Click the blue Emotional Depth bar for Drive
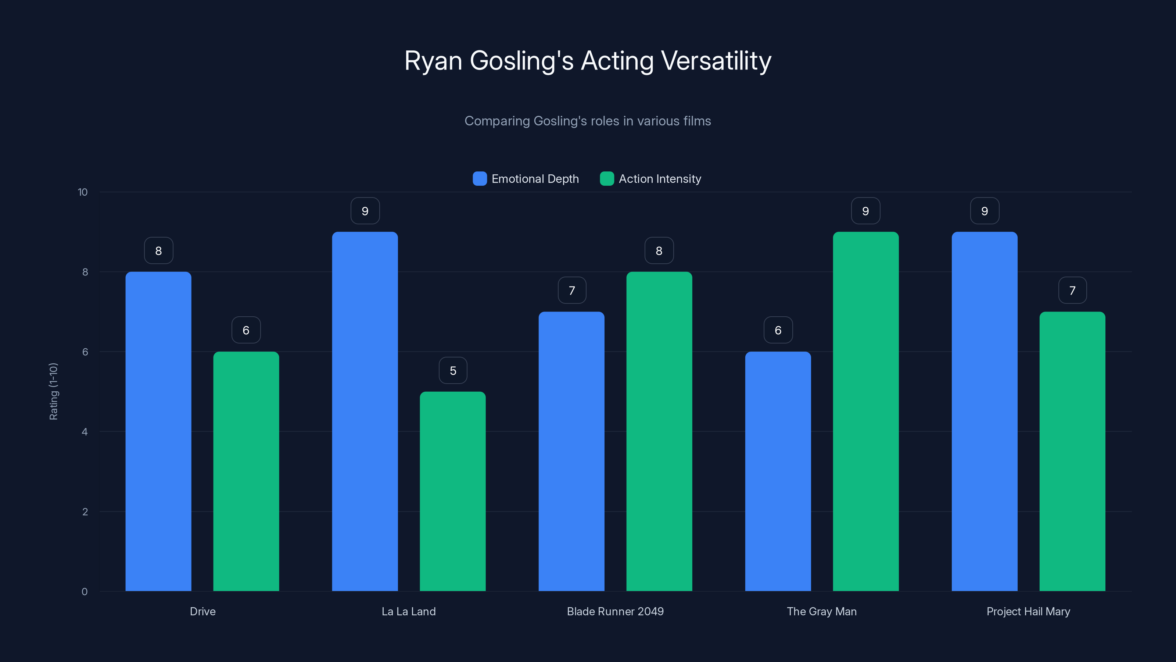tap(158, 431)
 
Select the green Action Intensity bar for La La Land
tap(452, 491)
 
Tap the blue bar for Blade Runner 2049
tap(571, 451)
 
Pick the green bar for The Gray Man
tap(865, 411)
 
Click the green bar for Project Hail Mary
tap(1072, 451)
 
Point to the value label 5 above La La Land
tap(453, 370)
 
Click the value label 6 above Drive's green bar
tap(246, 330)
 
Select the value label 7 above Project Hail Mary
tap(1072, 291)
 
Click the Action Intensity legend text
tap(660, 179)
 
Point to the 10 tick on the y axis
tap(83, 192)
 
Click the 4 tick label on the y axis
tap(85, 432)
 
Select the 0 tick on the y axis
tap(85, 592)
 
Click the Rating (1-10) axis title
tap(53, 392)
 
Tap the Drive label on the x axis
tap(203, 611)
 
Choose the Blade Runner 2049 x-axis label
tap(615, 611)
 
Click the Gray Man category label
tap(822, 611)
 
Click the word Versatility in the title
tap(716, 61)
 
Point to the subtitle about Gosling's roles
tap(588, 121)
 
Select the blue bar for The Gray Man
tap(778, 471)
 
